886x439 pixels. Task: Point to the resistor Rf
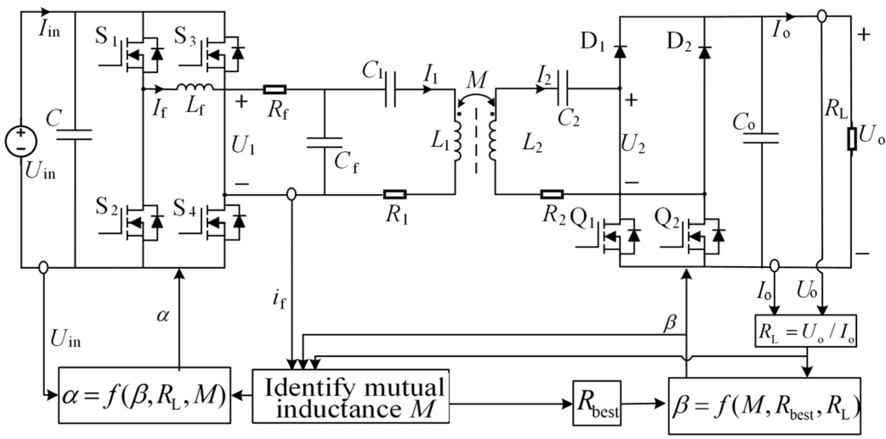275,90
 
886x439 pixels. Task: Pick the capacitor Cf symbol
325,143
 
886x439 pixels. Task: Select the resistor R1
395,195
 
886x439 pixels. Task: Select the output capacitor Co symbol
761,138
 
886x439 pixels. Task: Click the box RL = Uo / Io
806,331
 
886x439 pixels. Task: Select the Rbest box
597,403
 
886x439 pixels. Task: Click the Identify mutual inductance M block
350,396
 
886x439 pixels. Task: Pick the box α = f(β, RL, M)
145,395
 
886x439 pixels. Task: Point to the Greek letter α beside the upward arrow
163,316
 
